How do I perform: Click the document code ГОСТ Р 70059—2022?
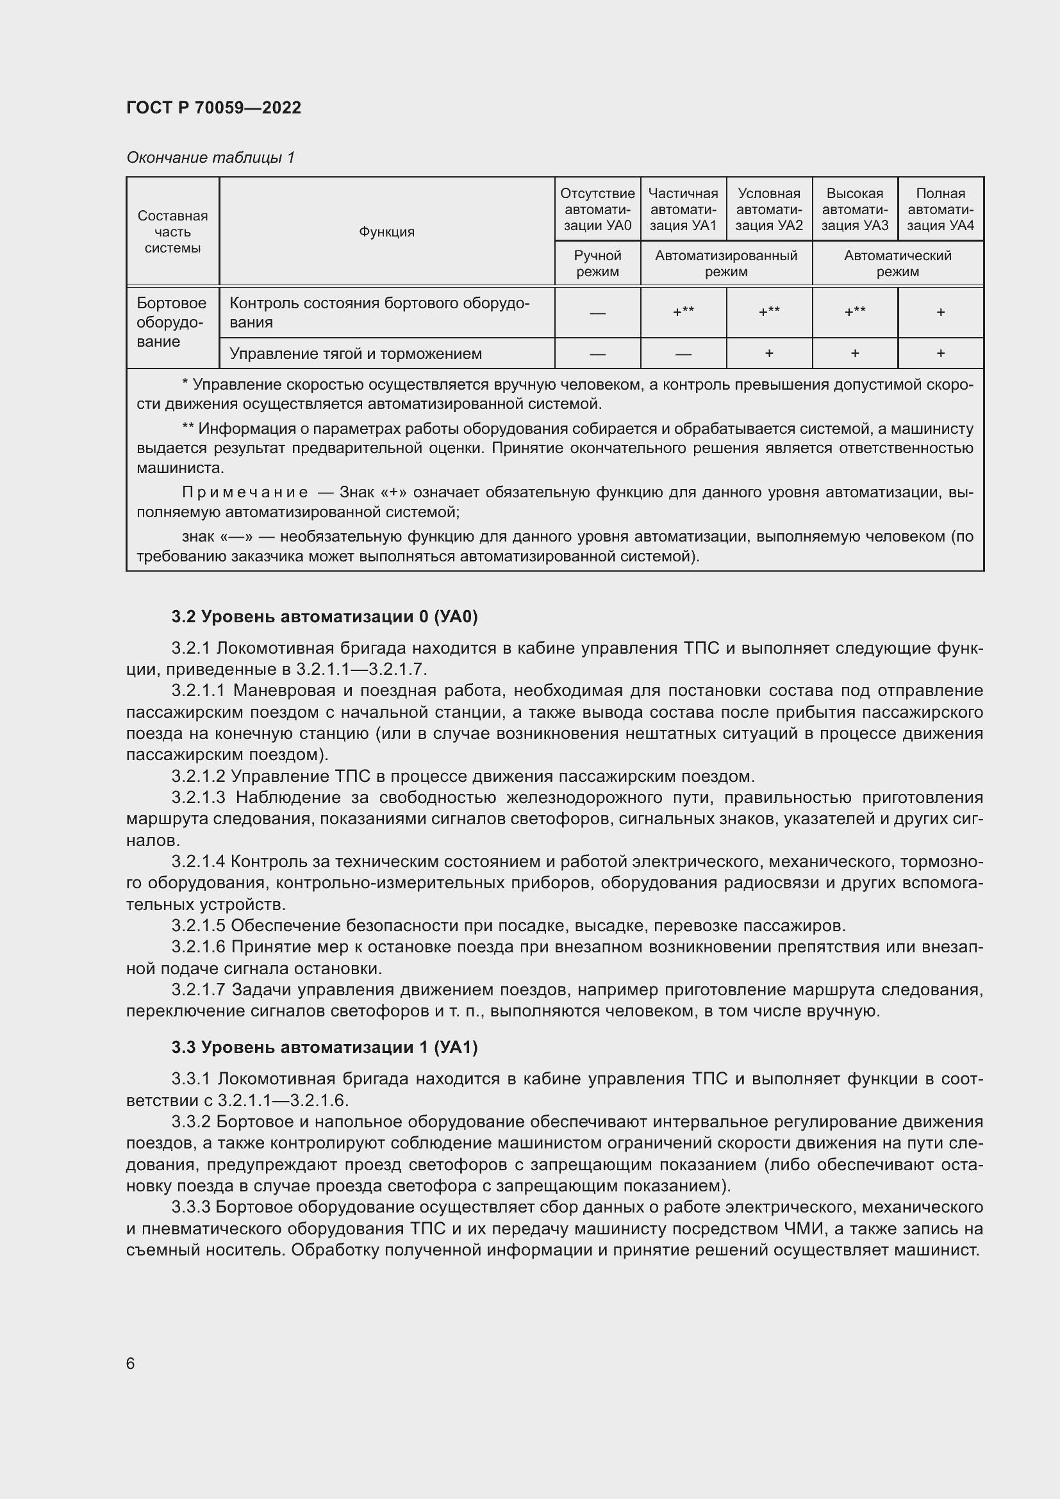(x=213, y=108)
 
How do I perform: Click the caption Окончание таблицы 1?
(x=210, y=158)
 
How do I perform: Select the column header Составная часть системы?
(x=172, y=232)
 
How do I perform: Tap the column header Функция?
(x=386, y=232)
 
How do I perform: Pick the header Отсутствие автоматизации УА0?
(x=597, y=209)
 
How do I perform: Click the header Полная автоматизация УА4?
(x=940, y=209)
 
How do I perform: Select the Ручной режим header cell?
(x=597, y=264)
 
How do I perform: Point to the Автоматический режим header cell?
(x=897, y=264)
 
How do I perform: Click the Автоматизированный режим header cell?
(x=726, y=264)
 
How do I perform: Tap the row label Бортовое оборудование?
(x=171, y=322)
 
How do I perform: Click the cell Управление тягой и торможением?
(x=356, y=354)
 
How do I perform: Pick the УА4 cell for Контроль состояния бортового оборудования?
(x=940, y=313)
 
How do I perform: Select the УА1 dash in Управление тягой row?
(x=683, y=354)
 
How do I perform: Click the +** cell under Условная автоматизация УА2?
(x=769, y=312)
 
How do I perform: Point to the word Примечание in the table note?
(x=245, y=492)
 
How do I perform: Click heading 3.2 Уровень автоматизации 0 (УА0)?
(x=324, y=617)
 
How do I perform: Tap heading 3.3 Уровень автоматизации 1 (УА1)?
(x=324, y=1047)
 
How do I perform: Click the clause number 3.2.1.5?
(x=198, y=926)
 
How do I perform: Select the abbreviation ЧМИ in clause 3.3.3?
(x=799, y=1229)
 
